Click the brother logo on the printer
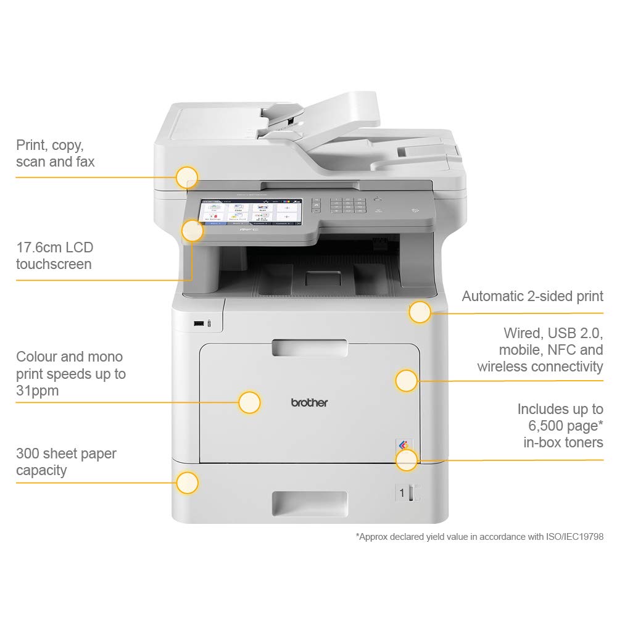tap(309, 402)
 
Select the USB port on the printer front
tap(198, 323)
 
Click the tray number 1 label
tap(402, 492)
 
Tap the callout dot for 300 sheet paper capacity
tap(187, 482)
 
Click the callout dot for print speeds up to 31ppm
tap(249, 402)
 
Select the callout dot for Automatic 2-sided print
tap(420, 312)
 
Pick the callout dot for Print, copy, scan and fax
tap(186, 178)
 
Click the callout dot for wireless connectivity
tap(406, 381)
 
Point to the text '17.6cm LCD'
tap(54, 247)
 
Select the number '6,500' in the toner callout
tap(547, 425)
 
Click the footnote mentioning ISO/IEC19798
tap(479, 537)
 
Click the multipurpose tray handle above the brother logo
tap(309, 347)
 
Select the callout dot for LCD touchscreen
tap(193, 231)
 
